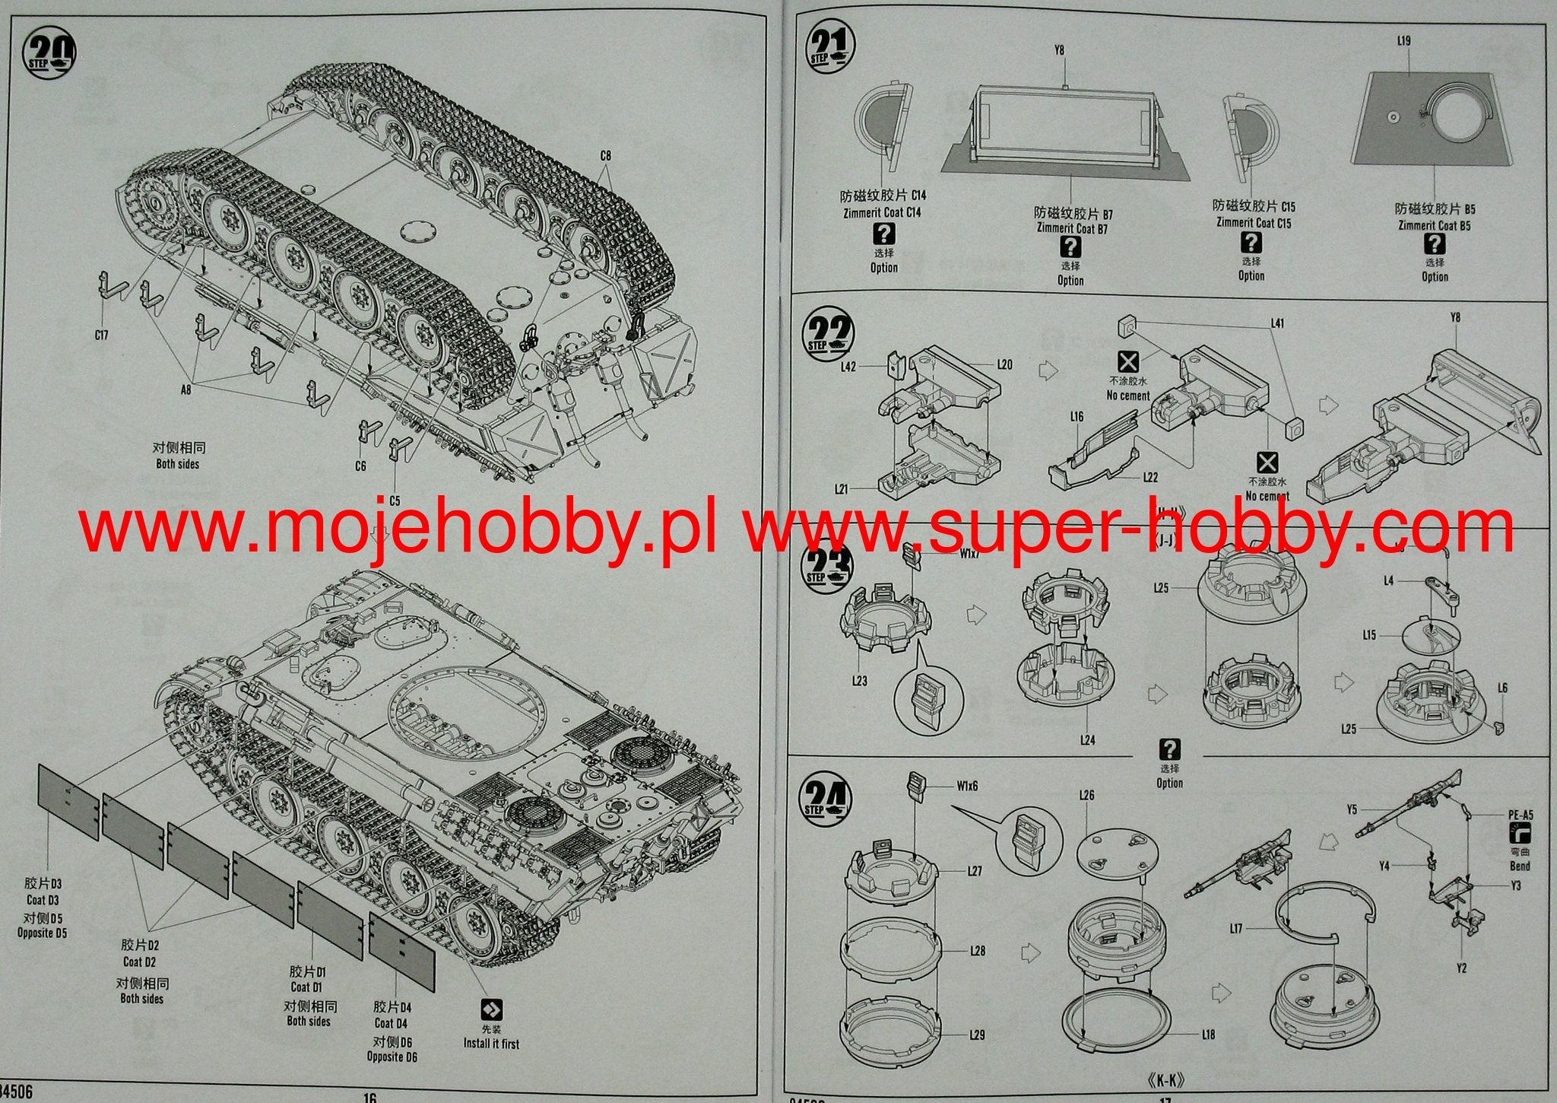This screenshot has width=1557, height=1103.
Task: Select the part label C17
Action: click(101, 335)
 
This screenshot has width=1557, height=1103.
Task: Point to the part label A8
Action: click(186, 391)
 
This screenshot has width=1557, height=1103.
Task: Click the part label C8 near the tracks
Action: click(605, 156)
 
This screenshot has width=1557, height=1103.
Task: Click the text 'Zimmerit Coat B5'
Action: click(1434, 225)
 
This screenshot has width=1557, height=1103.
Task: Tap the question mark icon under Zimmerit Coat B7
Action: click(1070, 246)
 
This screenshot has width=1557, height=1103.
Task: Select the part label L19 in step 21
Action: click(1403, 40)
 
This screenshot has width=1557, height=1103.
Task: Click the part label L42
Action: click(849, 366)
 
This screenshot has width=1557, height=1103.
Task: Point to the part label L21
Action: click(841, 489)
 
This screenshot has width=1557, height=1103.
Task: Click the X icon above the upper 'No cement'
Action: click(1127, 361)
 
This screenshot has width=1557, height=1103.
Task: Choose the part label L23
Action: click(859, 681)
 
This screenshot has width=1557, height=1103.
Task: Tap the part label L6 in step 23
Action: click(1502, 688)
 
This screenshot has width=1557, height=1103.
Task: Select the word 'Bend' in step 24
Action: click(1520, 866)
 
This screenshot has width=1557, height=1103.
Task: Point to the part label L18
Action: click(1209, 1034)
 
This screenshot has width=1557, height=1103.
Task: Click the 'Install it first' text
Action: click(491, 1044)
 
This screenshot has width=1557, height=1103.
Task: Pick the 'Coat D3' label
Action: click(43, 900)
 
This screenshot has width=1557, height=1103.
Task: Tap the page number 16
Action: click(370, 1097)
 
